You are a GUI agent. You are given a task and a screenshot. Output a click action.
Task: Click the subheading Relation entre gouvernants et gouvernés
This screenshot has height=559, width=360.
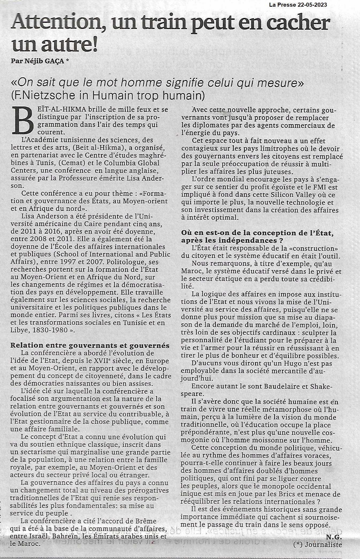click(90, 345)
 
